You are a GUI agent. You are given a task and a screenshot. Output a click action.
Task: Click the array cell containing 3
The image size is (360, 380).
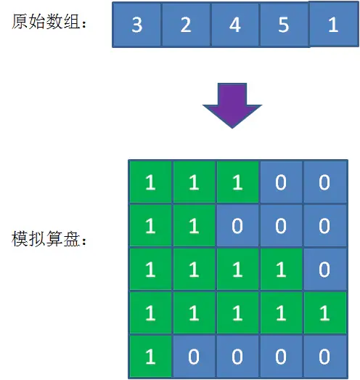tap(136, 25)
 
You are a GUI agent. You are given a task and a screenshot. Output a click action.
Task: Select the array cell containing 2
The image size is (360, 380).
tap(186, 25)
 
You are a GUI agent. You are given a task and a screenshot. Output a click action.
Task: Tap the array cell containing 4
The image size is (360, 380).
tap(235, 25)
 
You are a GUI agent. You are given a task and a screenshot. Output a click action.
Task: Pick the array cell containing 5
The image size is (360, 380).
tap(285, 25)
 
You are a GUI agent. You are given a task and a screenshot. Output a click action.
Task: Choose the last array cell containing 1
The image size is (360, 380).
tap(334, 24)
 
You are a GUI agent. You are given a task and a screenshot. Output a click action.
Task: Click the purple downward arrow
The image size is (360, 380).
tap(232, 105)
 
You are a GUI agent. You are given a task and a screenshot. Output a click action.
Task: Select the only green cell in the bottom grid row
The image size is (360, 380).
tap(150, 357)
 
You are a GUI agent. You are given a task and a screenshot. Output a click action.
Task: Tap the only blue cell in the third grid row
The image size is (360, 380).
tap(324, 270)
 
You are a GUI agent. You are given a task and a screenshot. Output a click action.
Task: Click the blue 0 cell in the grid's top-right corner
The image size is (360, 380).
tap(324, 182)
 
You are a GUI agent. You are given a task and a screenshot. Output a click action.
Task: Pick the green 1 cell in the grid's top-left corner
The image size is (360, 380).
tap(150, 182)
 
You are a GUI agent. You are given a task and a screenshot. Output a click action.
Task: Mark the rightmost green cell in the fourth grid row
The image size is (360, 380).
tap(324, 313)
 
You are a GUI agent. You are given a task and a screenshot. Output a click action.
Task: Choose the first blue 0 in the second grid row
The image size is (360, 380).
tap(237, 226)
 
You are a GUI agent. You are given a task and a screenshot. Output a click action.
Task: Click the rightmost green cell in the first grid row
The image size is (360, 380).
tap(237, 182)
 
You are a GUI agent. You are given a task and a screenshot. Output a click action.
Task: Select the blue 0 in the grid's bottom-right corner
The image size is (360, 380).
tap(324, 357)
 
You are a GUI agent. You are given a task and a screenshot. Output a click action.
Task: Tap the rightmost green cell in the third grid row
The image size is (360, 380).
tap(281, 270)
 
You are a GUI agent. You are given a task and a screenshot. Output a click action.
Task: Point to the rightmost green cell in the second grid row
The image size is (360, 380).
tap(195, 226)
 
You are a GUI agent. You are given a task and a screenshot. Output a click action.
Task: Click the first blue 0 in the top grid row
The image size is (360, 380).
tap(281, 182)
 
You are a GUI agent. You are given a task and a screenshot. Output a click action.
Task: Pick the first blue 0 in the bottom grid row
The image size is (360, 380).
tap(195, 357)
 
